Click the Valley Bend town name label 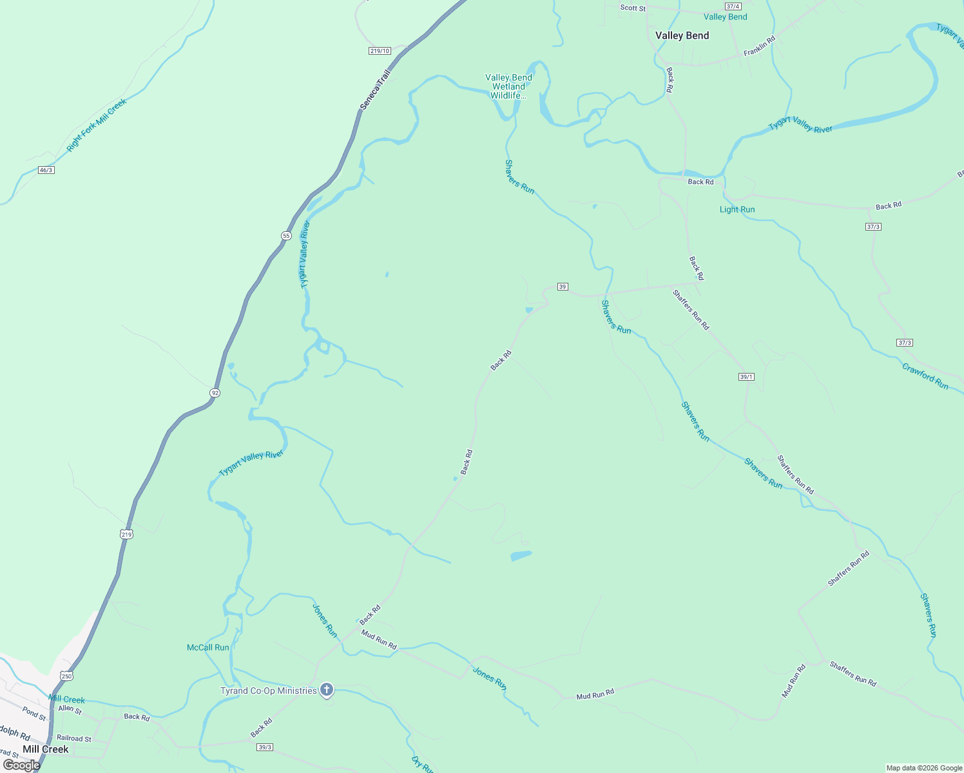(682, 35)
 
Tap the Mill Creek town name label (45, 749)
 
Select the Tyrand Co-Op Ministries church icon (327, 691)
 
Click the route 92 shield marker (215, 392)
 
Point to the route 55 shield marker (286, 236)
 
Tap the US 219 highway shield (126, 534)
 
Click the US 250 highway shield (67, 676)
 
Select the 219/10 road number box (380, 51)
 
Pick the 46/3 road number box (46, 170)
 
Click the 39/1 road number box (746, 377)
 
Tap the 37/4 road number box (733, 6)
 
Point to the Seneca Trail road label (375, 90)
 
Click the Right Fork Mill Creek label (97, 125)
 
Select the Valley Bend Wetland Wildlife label (508, 86)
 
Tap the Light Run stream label (737, 209)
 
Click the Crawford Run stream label (925, 376)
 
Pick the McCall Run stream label (207, 647)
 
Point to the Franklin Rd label (759, 46)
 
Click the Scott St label (632, 8)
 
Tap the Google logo (21, 765)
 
